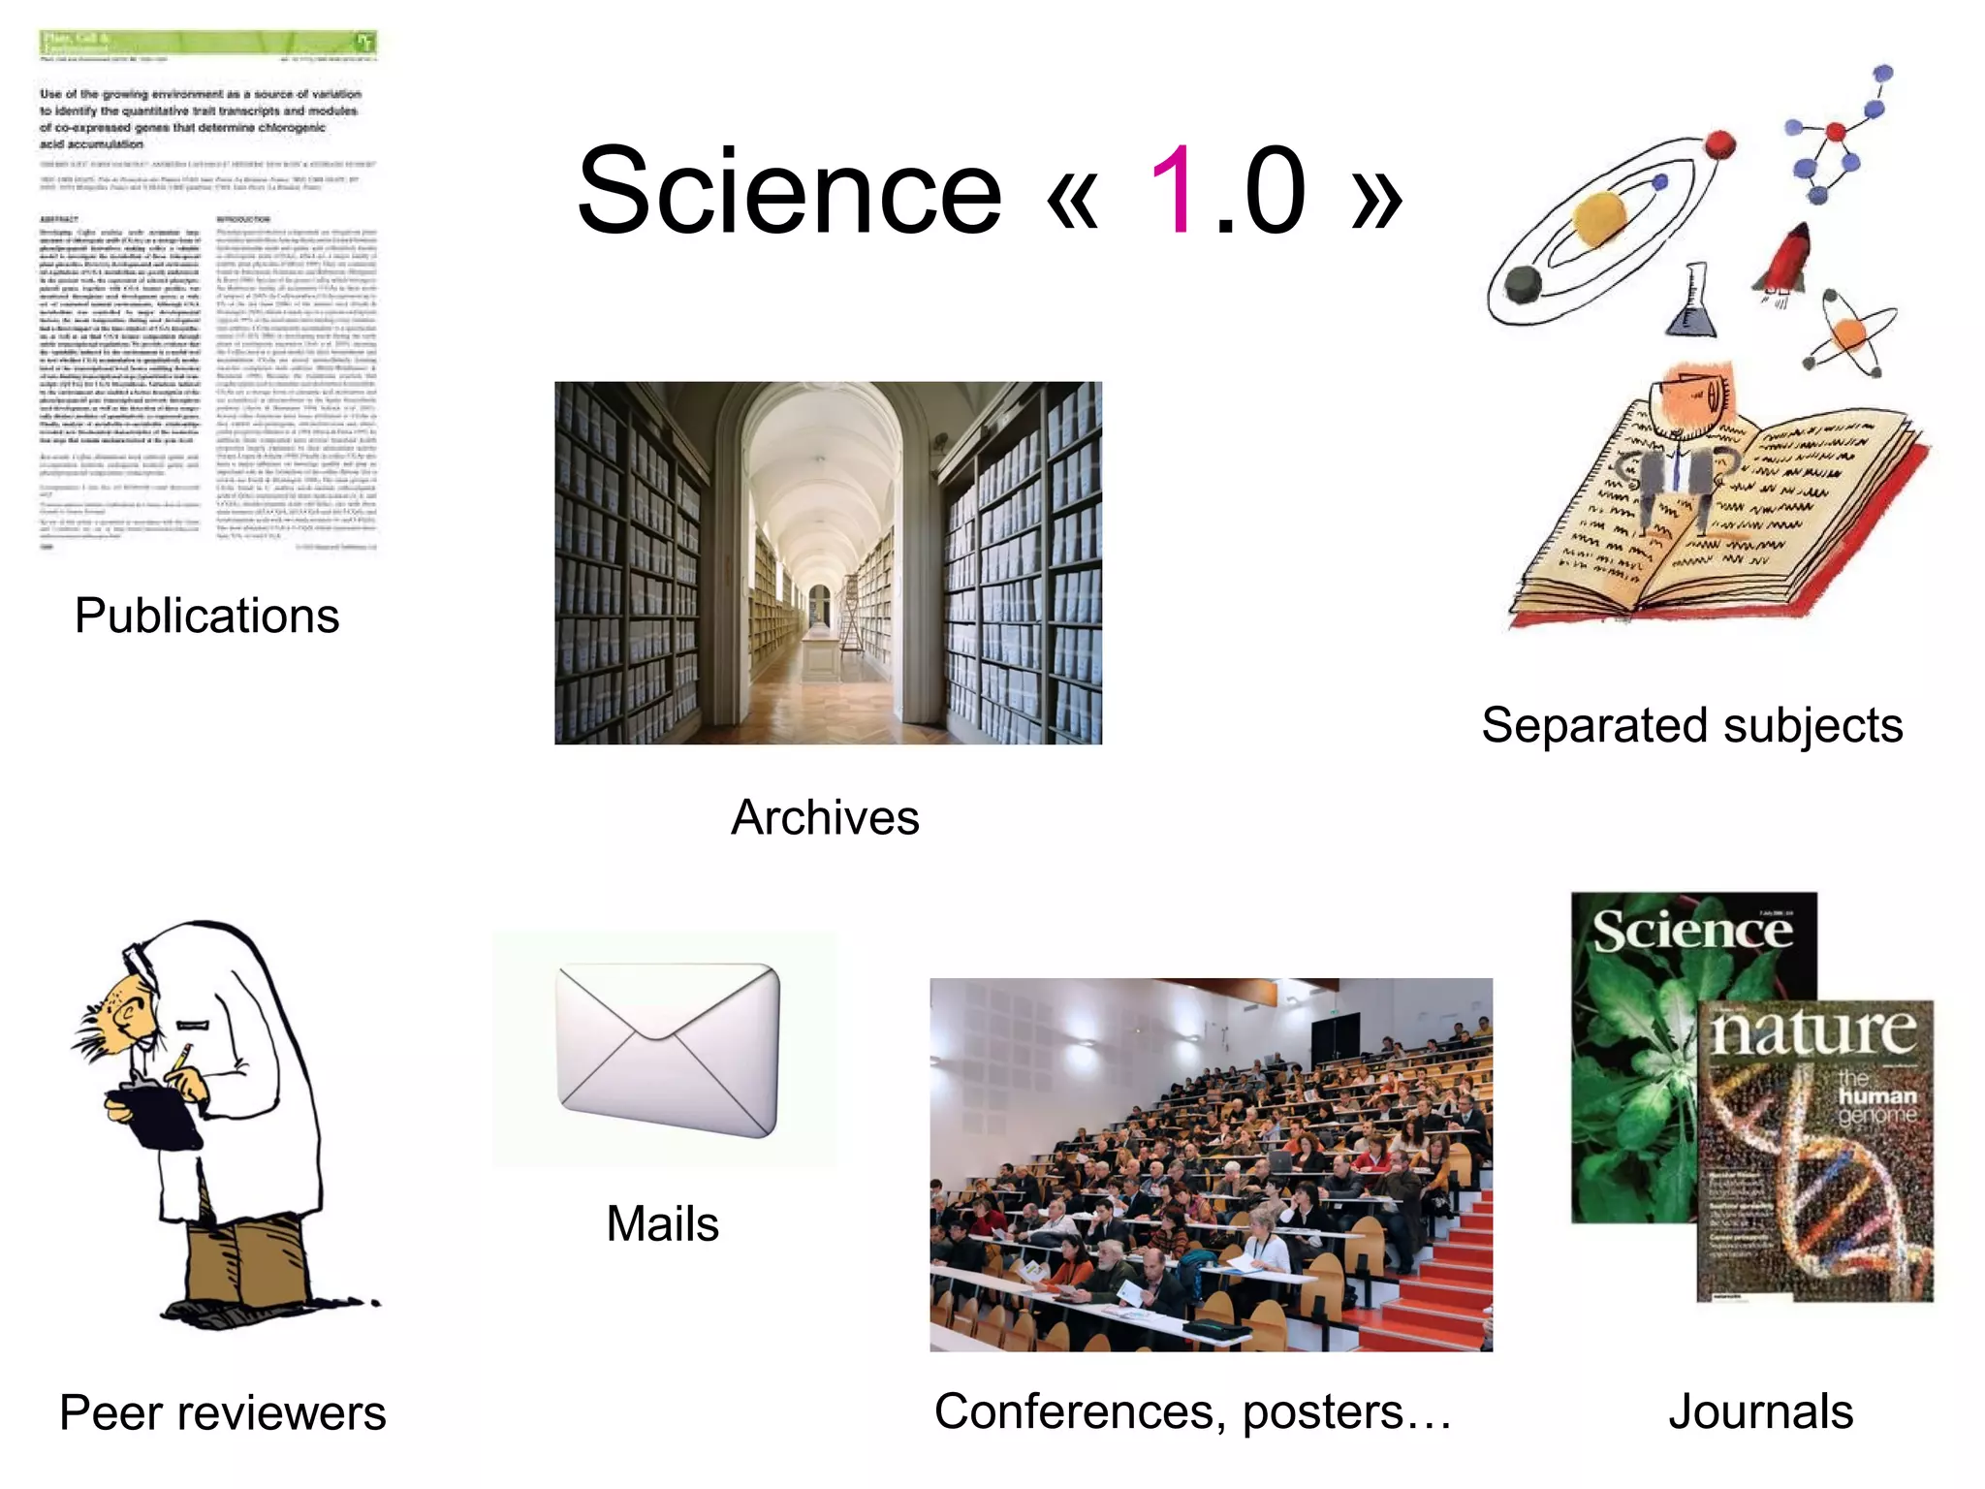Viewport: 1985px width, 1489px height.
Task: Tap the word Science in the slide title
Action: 789,191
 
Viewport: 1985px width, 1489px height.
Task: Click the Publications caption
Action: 206,616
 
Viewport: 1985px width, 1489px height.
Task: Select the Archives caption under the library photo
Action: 825,817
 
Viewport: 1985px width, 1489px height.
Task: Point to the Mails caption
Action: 663,1223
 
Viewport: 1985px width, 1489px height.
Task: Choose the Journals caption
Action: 1760,1411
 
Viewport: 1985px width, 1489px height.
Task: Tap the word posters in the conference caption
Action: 1323,1411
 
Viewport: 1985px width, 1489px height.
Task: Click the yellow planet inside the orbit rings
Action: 1599,218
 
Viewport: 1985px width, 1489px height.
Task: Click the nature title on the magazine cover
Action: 1813,1031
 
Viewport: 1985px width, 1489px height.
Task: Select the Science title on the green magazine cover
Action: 1692,932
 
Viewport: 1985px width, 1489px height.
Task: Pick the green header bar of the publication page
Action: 207,43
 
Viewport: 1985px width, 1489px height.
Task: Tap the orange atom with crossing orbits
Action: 1849,333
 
